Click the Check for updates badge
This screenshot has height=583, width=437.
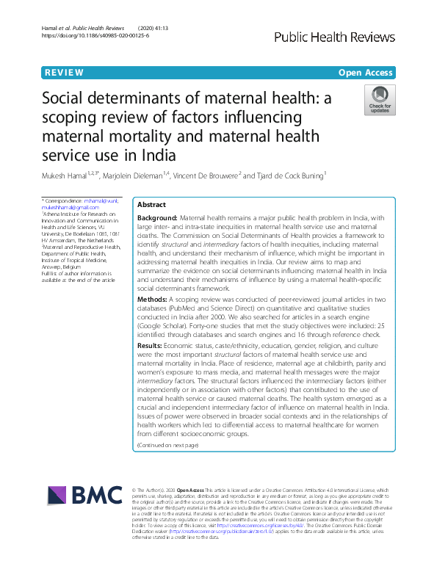[x=380, y=99]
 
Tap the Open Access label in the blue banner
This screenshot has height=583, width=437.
[x=366, y=72]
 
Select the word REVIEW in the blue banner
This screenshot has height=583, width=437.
[x=63, y=72]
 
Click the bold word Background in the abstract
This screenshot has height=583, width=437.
[x=157, y=219]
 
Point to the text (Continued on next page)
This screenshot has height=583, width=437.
[x=167, y=445]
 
